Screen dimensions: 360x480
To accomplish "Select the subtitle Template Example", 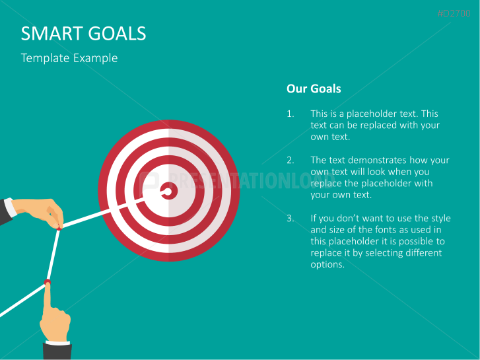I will coord(69,58).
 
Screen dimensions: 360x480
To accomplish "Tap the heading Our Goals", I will coord(314,89).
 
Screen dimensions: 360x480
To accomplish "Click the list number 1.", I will coord(290,114).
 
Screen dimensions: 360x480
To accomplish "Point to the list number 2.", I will coord(291,160).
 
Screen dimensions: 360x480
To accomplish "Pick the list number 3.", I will coord(291,218).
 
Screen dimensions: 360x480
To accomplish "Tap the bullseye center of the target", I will coord(168,192).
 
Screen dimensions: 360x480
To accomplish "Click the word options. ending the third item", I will coord(327,264).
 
